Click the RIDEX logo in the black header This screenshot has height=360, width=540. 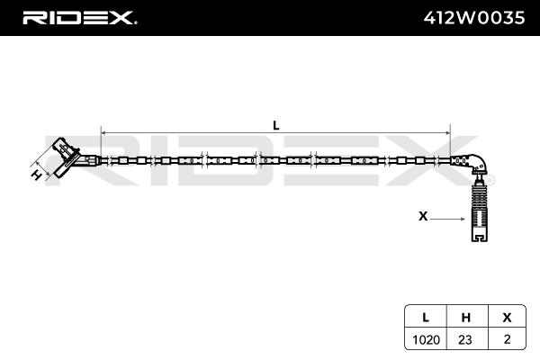click(78, 18)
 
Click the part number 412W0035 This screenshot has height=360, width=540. click(474, 18)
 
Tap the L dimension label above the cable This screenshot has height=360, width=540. click(276, 125)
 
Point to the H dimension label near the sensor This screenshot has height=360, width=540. click(37, 175)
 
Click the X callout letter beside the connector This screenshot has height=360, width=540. click(423, 216)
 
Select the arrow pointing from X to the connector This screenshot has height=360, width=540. click(447, 219)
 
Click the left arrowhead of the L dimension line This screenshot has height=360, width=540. click(103, 133)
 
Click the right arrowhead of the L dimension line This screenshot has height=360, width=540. click(447, 133)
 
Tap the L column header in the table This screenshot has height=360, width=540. click(426, 318)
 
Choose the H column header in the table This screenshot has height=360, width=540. click(466, 318)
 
